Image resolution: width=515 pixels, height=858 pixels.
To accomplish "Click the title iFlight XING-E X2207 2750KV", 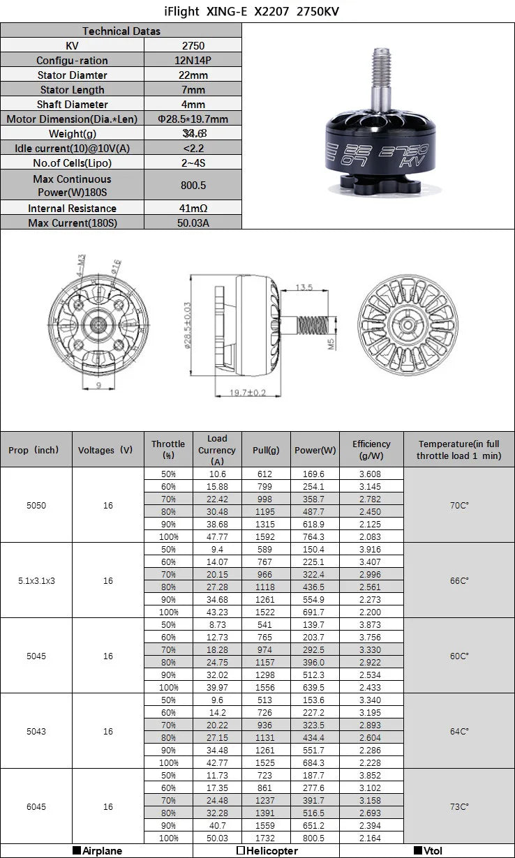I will pos(257,12).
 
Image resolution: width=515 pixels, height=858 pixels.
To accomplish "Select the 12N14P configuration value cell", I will pos(193,60).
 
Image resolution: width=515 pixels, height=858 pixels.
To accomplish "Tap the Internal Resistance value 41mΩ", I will pos(193,208).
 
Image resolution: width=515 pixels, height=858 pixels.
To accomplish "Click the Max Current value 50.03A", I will pos(193,223).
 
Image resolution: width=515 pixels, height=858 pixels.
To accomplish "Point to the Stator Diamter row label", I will pos(72,75).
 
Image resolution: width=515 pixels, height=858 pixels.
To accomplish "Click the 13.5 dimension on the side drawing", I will pos(303,287).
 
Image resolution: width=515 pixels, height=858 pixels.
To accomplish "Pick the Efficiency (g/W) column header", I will pos(371,449).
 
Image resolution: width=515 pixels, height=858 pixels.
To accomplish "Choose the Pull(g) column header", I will pos(265,450).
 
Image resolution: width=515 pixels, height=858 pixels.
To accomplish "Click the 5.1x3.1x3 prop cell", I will pos(36,580).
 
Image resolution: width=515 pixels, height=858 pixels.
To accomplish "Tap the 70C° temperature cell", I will pos(458,504).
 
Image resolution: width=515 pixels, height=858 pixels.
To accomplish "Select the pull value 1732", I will pos(265,837).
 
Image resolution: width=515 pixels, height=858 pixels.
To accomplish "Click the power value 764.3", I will pos(314,536).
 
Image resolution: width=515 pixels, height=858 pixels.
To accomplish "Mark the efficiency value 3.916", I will pos(371,549).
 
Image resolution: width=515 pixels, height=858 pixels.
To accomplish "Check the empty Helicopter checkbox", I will pos(241,851).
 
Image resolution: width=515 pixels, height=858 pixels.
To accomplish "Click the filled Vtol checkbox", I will pos(418,851).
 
